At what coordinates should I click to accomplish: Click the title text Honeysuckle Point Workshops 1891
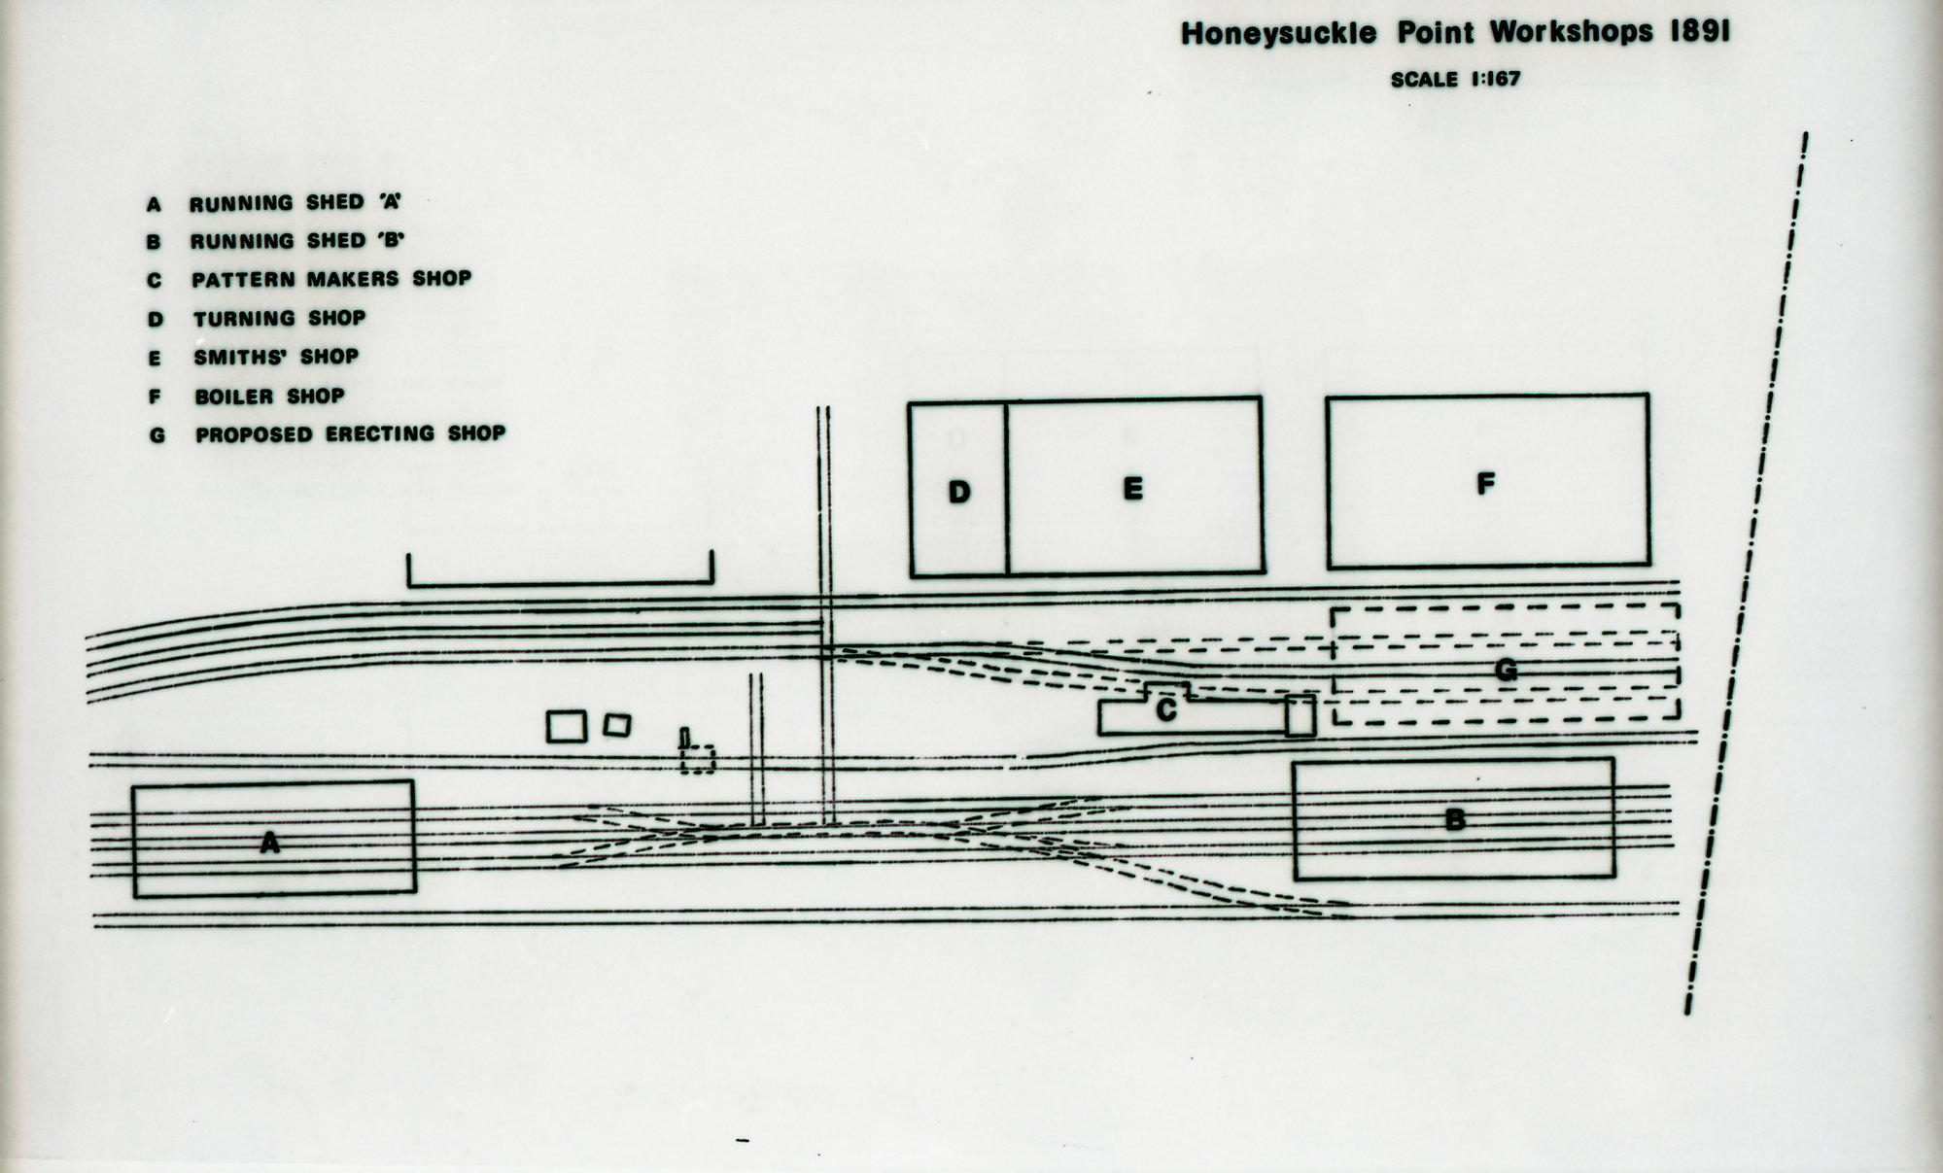pos(1454,33)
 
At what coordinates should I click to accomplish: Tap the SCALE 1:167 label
pos(1454,80)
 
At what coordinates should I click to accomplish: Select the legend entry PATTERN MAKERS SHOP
pos(330,280)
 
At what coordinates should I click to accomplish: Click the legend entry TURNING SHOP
pos(279,319)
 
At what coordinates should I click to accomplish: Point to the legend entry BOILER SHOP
pos(269,397)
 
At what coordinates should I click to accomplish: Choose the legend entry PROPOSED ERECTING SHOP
pos(350,434)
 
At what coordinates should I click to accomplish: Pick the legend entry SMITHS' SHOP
pos(275,358)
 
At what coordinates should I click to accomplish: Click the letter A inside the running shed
pos(270,843)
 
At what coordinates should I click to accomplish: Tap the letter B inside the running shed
pos(1454,820)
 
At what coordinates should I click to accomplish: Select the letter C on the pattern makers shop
pos(1166,711)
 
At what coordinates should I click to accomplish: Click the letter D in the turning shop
pos(958,492)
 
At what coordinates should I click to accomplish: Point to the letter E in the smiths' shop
pos(1132,489)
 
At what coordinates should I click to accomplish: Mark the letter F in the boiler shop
pos(1485,483)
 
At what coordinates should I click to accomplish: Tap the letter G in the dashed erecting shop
pos(1505,670)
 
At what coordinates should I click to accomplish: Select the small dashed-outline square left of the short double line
pos(698,759)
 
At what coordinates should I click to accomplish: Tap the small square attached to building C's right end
pos(1300,715)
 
